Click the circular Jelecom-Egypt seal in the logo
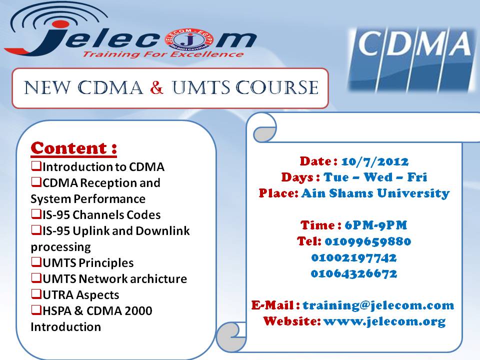pos(189,40)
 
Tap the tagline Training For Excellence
pos(163,54)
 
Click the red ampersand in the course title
pos(156,87)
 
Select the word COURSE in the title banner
pos(277,87)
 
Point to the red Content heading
pos(74,148)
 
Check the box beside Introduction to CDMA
pos(36,166)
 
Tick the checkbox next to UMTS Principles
pos(36,262)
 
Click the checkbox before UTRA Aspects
pos(36,294)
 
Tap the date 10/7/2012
pos(374,161)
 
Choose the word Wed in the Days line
pos(378,177)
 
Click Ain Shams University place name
pos(375,193)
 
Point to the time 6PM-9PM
pos(376,225)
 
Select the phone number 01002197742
pos(354,258)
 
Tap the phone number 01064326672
pos(354,273)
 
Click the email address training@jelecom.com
pos(378,305)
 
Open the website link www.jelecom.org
pos(384,321)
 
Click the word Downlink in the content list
pos(162,231)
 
